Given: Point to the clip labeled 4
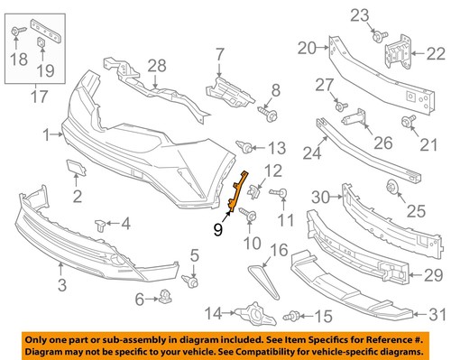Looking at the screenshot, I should [x=100, y=224].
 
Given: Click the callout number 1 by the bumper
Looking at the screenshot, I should [x=45, y=134].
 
